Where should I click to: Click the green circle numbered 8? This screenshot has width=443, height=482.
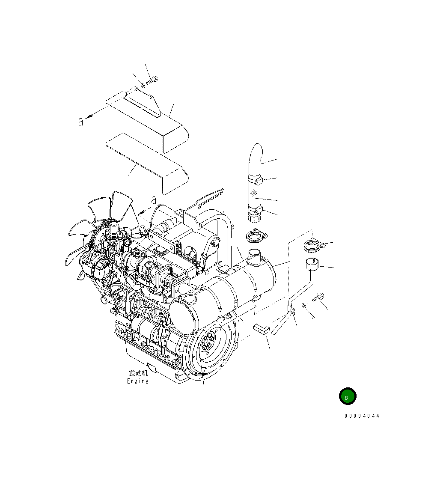click(347, 397)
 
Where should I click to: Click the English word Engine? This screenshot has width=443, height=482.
click(138, 381)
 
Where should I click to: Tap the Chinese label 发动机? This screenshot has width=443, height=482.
click(138, 373)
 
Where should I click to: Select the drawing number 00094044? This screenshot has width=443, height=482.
click(362, 416)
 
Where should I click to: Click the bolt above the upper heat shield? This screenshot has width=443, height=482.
click(152, 80)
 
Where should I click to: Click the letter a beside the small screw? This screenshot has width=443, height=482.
click(80, 122)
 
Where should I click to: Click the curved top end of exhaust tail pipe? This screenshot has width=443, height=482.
click(256, 151)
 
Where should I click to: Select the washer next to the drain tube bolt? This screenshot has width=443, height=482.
click(303, 305)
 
